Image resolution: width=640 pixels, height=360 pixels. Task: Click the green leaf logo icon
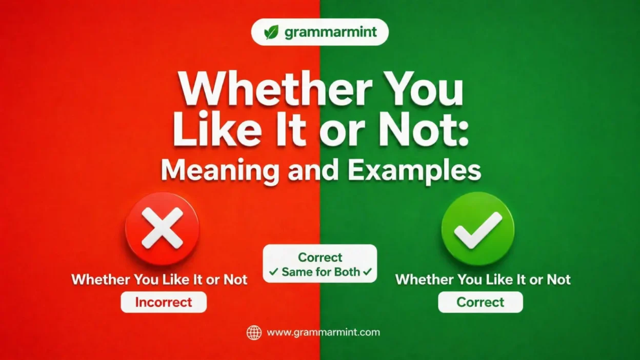coord(271,32)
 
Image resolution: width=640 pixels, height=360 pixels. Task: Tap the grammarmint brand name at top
coord(330,32)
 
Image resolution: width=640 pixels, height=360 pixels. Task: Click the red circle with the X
coord(162,228)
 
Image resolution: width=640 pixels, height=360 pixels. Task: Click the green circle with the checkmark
coord(478,228)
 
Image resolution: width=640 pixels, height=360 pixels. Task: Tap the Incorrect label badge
coord(164,303)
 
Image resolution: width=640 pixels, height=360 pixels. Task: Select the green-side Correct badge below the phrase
coord(481,303)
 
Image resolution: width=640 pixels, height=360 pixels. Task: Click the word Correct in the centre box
coord(320,257)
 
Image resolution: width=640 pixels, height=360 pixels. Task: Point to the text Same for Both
coord(321,272)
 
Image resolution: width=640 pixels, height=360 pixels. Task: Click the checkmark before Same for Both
coord(273,272)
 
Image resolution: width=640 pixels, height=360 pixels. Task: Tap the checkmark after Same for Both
coord(367,272)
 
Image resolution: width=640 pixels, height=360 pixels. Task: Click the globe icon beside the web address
coord(254,332)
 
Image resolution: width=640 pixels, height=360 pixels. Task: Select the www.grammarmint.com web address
coord(324,332)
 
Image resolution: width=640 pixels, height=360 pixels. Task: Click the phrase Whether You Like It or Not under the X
coord(159,279)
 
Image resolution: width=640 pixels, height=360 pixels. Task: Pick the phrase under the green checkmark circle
coord(483,279)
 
